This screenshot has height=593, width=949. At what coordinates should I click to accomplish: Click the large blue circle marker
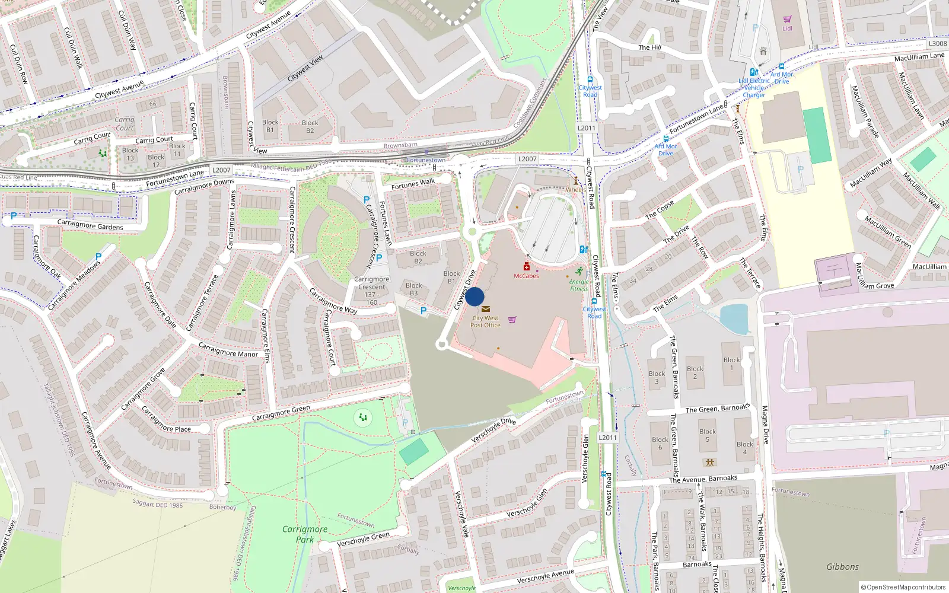(x=474, y=296)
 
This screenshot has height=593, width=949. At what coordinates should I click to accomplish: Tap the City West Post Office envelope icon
(x=486, y=309)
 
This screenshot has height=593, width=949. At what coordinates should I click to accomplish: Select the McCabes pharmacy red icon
(x=526, y=267)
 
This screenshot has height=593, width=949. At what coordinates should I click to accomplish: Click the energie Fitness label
(x=579, y=285)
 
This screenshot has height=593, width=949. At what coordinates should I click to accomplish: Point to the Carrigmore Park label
(x=305, y=534)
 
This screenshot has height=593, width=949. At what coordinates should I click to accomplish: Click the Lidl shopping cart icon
(x=787, y=20)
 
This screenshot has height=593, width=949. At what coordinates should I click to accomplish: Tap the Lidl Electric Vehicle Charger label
(x=754, y=88)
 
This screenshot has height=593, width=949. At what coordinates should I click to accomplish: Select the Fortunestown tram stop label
(x=426, y=160)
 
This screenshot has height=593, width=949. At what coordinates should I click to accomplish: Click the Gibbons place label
(x=842, y=567)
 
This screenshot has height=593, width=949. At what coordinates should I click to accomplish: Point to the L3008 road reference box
(x=938, y=43)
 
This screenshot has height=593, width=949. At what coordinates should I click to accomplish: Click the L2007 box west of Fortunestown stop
(x=221, y=170)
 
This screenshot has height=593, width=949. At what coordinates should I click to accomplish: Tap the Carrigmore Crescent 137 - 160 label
(x=372, y=291)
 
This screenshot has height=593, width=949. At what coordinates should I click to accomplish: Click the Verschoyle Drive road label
(x=493, y=431)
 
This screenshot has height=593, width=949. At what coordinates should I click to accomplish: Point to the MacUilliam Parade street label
(x=865, y=111)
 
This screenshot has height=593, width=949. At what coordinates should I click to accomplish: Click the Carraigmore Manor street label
(x=228, y=350)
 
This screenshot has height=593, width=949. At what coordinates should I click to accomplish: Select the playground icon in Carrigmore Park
(x=363, y=418)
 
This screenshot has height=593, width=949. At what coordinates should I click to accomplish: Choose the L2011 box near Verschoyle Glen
(x=607, y=438)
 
